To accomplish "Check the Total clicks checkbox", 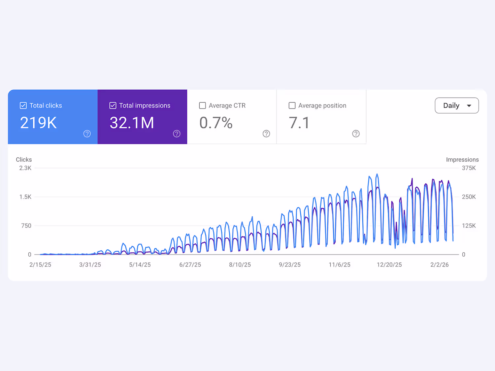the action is point(23,106).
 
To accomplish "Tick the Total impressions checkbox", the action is point(113,106).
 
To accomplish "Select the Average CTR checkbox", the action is point(202,106).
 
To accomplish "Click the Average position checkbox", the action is point(292,106).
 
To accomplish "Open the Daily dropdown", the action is point(457,106).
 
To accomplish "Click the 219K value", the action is point(38,123).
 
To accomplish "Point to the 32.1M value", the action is point(132,123).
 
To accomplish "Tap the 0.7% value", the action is point(216,123).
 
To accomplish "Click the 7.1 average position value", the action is point(299,123).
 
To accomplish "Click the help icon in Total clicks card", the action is point(87,134).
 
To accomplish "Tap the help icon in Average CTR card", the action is point(266,134).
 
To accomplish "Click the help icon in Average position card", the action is point(356,134).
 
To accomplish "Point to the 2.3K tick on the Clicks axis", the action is point(25,168).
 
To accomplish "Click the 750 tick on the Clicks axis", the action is point(26,226).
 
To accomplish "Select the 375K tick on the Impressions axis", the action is point(469,168).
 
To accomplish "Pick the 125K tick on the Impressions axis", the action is point(469,226).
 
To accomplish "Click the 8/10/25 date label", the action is point(240,265).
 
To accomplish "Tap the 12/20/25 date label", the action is point(389,265).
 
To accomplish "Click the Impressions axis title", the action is point(462,160).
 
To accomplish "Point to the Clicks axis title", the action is point(24,160).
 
